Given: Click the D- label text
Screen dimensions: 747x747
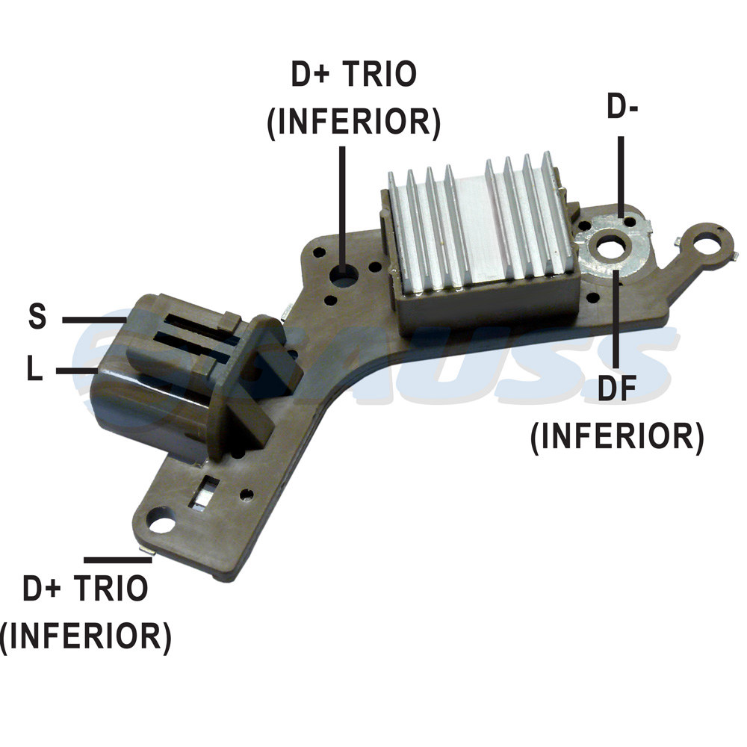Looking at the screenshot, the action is click(x=622, y=106).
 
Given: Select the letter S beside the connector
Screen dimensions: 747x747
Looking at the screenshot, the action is click(x=37, y=315).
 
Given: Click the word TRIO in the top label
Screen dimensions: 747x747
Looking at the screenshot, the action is click(x=379, y=74).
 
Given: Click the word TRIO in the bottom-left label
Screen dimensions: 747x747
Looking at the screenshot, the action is click(x=111, y=588).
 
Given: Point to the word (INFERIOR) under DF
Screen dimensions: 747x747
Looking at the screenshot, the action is click(x=618, y=436).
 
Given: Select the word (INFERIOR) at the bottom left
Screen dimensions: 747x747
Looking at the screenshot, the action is click(x=86, y=636).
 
